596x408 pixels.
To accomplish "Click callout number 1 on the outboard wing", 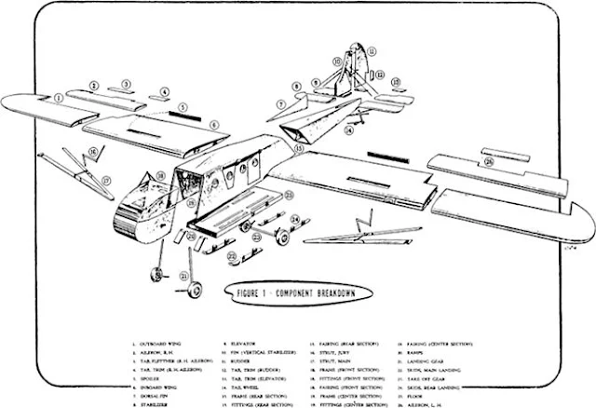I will coord(59,96).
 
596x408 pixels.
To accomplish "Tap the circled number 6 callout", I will coord(214,124).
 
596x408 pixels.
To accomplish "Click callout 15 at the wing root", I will coord(299,147).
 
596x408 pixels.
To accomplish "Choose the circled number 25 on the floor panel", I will coord(289,195).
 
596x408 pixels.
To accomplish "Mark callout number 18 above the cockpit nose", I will coord(160,174).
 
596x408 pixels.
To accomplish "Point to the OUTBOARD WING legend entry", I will coord(159,345).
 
